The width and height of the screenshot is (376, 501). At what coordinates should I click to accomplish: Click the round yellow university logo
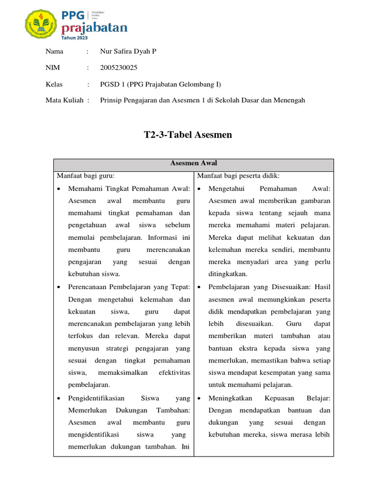pyautogui.click(x=42, y=24)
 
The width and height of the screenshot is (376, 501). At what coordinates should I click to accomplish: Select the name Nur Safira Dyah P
pyautogui.click(x=128, y=51)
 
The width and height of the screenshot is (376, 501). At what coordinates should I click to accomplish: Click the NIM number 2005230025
pyautogui.click(x=118, y=68)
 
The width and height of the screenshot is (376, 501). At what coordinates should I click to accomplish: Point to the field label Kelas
pyautogui.click(x=54, y=84)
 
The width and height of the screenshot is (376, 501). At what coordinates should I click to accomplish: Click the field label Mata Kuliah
pyautogui.click(x=64, y=100)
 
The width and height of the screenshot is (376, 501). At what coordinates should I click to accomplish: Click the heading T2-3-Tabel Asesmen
pyautogui.click(x=188, y=135)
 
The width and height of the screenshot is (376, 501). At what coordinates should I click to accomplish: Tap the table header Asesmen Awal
pyautogui.click(x=193, y=163)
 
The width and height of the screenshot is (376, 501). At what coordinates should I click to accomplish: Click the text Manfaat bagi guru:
pyautogui.click(x=86, y=176)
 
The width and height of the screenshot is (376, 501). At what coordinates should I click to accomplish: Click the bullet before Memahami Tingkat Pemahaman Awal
pyautogui.click(x=59, y=189)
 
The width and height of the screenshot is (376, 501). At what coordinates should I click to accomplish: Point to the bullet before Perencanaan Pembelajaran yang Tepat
pyautogui.click(x=59, y=287)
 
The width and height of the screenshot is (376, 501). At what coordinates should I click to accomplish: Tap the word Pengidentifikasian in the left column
pyautogui.click(x=96, y=398)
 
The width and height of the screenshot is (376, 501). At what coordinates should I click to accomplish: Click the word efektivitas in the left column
pyautogui.click(x=174, y=373)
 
